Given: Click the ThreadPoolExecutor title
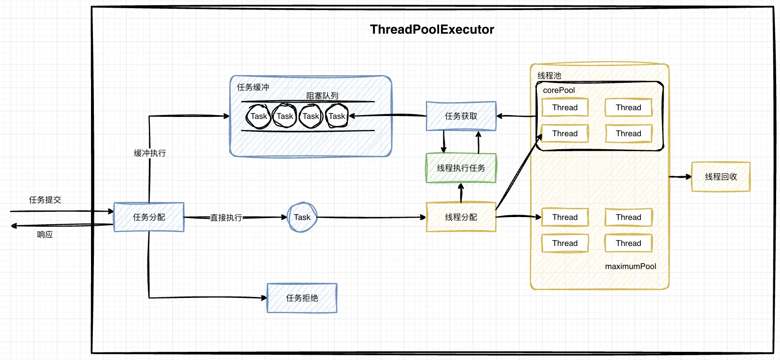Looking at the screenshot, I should click(432, 29).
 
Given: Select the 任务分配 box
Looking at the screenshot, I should click(149, 217).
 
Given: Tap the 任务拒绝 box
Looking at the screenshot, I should click(302, 298).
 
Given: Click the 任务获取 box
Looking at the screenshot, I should click(461, 116).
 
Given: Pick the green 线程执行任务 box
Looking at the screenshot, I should click(461, 168).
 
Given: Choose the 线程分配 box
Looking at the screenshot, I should click(461, 217).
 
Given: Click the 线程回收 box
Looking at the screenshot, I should click(721, 177).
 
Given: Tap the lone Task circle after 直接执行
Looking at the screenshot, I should click(302, 217).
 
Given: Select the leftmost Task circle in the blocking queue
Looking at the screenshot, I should click(259, 116).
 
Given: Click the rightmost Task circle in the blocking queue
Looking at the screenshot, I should click(337, 116).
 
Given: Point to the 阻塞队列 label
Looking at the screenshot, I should click(322, 96).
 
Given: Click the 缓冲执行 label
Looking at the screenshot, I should click(150, 153).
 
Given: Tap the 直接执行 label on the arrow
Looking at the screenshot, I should click(226, 218).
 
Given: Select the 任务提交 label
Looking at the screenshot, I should click(45, 200).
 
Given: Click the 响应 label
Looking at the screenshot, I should click(45, 234).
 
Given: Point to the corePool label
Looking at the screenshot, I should click(559, 90).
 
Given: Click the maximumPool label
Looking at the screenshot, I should click(630, 266).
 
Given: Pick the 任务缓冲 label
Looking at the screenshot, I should click(253, 87).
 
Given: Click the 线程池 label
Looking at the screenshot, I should click(549, 76).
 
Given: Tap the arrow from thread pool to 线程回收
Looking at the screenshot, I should click(680, 177).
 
